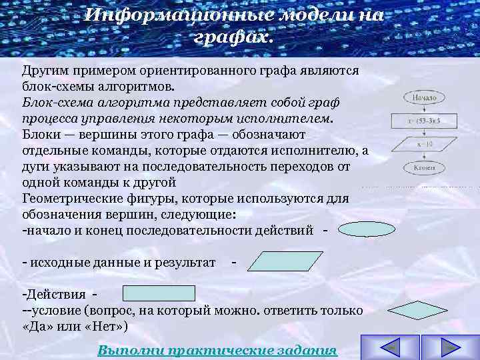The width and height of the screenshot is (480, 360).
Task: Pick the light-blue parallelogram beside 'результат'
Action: point(275,261)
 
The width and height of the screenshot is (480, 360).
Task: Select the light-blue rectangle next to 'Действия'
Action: point(159,293)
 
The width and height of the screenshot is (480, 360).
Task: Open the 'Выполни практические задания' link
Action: point(217,351)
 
